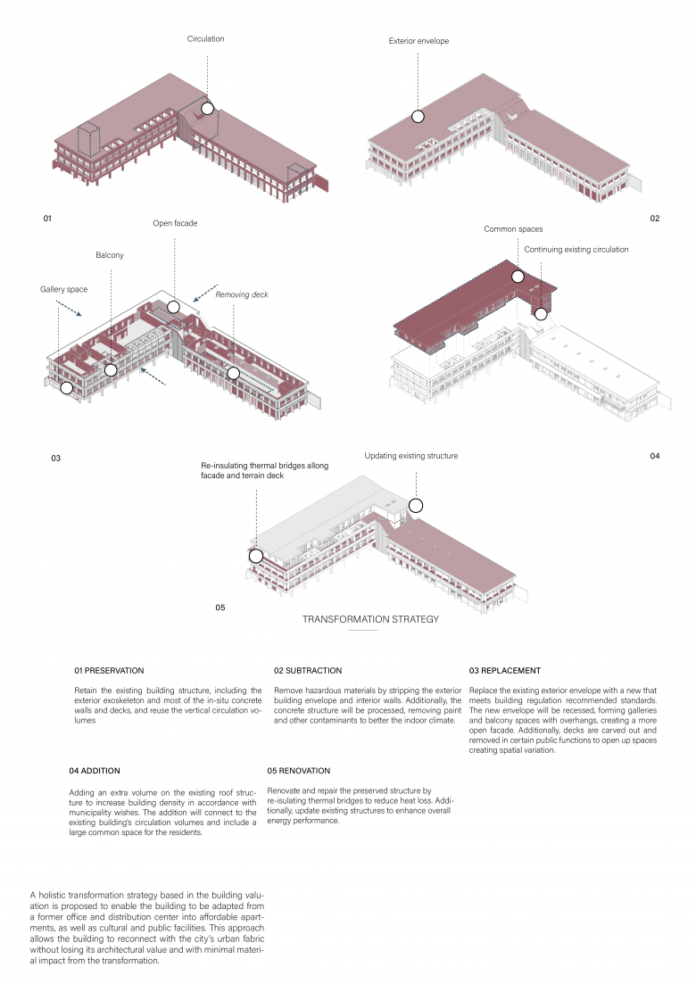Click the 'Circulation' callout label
tap(205, 39)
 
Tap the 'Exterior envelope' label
tap(418, 41)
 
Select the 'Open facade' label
tap(175, 223)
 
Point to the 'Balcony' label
tap(110, 255)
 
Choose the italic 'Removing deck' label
tap(241, 294)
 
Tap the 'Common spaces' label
tap(513, 229)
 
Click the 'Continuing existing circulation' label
tap(576, 250)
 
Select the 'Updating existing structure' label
tap(410, 456)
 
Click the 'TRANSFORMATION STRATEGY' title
tap(370, 619)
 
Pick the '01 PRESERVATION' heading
tap(109, 670)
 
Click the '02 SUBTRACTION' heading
tap(308, 670)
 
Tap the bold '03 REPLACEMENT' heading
tap(504, 670)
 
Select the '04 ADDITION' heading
tap(95, 770)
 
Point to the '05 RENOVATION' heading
tap(298, 770)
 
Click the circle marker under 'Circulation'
tap(207, 108)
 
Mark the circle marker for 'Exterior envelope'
tap(417, 116)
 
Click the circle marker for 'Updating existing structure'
tap(414, 506)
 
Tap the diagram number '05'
tap(220, 608)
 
